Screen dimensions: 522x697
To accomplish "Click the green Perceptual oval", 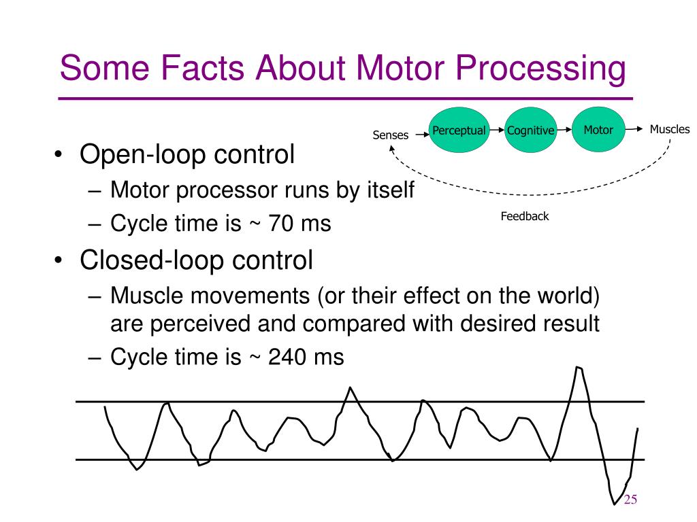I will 459,130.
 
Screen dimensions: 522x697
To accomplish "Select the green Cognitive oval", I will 530,130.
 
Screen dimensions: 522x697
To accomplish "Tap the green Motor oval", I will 598,129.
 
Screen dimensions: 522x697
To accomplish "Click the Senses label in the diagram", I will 391,135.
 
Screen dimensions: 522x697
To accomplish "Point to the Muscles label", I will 670,129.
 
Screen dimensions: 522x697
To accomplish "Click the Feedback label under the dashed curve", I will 525,217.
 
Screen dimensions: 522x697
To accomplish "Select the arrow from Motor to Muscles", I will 635,129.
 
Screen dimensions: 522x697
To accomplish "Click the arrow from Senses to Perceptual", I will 420,135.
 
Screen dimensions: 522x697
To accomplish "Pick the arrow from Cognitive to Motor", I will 566,130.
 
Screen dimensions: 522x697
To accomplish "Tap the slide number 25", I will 630,500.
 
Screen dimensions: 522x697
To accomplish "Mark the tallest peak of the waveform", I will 579,368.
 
